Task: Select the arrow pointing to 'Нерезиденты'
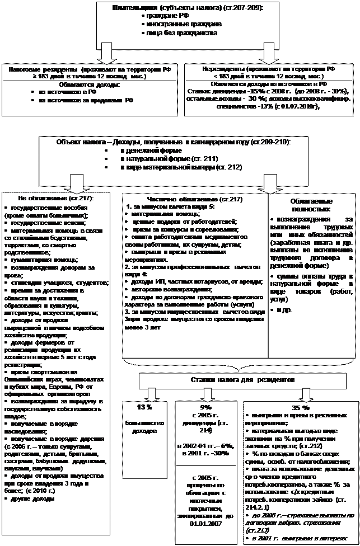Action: [268, 54]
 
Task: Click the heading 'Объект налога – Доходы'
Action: [174, 143]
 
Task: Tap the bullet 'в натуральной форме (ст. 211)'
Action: [162, 159]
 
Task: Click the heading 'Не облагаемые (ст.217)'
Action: [56, 198]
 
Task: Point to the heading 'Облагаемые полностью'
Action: [312, 204]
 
